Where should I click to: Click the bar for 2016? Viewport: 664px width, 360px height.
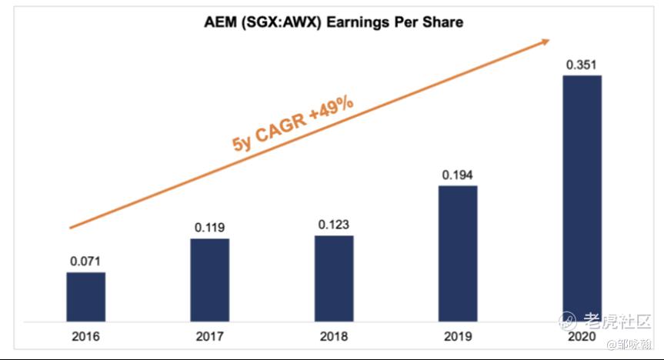point(85,296)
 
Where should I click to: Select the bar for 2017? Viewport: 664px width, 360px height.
point(209,279)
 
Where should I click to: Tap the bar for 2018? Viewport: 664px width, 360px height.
point(334,278)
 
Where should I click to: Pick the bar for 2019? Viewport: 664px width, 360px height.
point(458,253)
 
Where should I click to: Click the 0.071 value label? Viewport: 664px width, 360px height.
point(85,261)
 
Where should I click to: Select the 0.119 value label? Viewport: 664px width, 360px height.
point(209,228)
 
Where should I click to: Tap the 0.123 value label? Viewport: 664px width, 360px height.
point(334,225)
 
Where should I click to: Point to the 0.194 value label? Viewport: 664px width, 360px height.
point(458,175)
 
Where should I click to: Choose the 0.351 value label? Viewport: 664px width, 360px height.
point(582,65)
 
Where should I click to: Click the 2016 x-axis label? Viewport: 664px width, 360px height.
point(85,336)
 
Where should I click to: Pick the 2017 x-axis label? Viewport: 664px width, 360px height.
point(209,336)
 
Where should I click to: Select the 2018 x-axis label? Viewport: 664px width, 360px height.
point(334,336)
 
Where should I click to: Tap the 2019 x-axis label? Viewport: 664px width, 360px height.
point(458,336)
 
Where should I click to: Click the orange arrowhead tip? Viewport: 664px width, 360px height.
point(549,41)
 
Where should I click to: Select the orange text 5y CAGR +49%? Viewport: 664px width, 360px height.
point(293,122)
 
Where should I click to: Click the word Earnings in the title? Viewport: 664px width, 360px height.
point(356,22)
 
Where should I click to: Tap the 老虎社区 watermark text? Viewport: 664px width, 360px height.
point(616,321)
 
